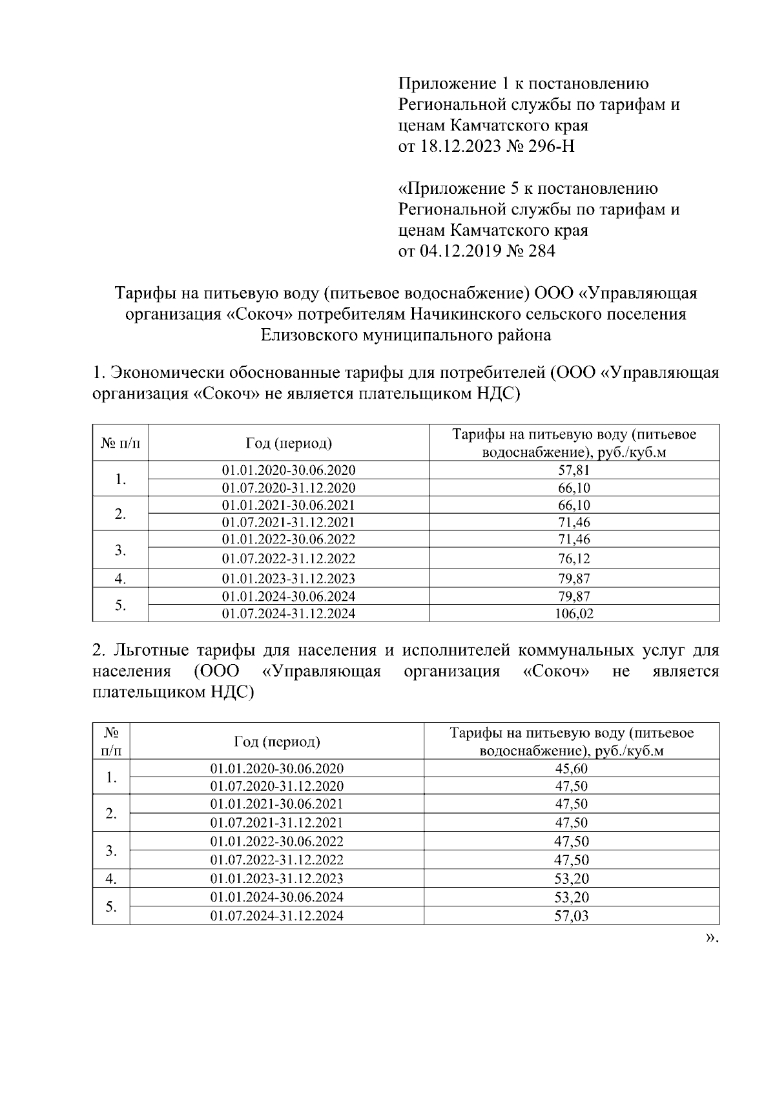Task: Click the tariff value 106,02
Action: tap(573, 614)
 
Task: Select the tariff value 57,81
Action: tap(573, 470)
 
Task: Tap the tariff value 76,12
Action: tap(573, 558)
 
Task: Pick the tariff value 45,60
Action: tap(571, 768)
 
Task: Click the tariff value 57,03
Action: tap(571, 915)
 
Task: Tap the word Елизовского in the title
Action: tap(309, 335)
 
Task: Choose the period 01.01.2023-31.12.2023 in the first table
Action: tap(288, 578)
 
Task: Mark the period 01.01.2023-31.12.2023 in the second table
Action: tap(276, 879)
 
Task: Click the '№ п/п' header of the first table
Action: tap(119, 443)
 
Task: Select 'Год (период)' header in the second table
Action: tap(276, 742)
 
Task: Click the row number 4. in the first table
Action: tap(119, 578)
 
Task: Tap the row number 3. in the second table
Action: tap(111, 851)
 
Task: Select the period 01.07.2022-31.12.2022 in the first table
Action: tap(288, 558)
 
